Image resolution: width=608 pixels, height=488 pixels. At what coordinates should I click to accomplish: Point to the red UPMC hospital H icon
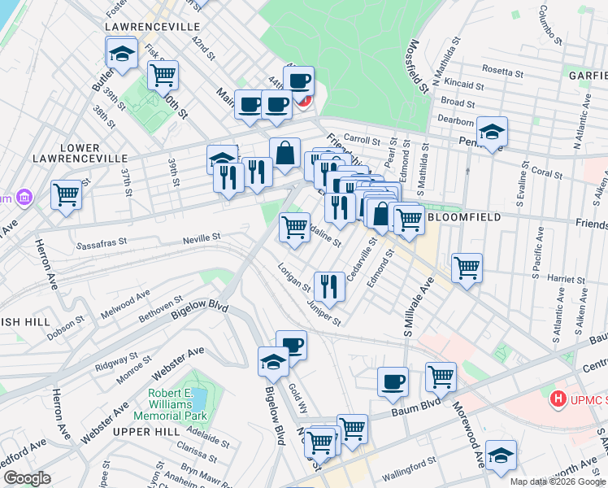[x=558, y=399]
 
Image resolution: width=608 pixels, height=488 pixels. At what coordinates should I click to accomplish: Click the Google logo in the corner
[x=27, y=478]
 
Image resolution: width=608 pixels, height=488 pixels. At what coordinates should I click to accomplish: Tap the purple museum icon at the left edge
[x=24, y=198]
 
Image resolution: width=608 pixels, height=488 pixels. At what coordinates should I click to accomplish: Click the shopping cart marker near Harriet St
[x=467, y=266]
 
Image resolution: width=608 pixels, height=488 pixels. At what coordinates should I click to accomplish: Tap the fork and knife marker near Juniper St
[x=328, y=285]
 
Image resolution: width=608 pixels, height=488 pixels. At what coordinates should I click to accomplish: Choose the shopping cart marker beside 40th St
[x=163, y=75]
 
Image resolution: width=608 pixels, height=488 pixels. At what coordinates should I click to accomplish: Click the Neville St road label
[x=204, y=237]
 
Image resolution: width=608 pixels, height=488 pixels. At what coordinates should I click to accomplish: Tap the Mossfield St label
[x=419, y=65]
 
